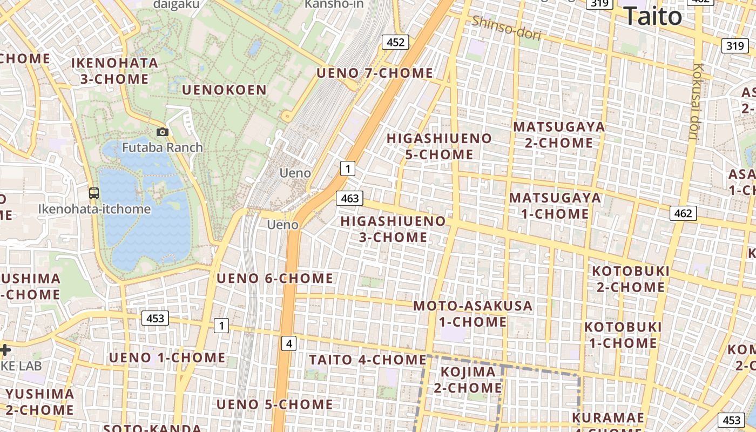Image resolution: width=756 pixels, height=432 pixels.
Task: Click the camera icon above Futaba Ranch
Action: (162, 132)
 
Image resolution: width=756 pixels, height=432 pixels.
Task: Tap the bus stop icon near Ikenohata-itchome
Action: (94, 193)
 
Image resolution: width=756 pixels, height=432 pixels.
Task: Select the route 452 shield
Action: (395, 42)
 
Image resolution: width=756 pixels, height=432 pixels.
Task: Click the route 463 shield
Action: (349, 198)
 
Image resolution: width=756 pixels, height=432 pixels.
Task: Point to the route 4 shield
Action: (289, 343)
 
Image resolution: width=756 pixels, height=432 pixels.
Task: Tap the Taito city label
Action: (652, 16)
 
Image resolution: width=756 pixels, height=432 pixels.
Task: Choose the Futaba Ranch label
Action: (162, 147)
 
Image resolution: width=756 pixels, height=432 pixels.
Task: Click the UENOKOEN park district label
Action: (224, 90)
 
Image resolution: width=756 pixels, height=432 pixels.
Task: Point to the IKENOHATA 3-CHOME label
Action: (114, 71)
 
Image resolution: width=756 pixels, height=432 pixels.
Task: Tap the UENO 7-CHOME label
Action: (375, 73)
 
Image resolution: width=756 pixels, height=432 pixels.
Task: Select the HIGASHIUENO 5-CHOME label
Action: (439, 146)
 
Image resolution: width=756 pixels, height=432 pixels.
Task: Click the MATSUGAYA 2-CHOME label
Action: (559, 134)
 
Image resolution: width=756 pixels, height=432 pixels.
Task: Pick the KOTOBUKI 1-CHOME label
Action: (623, 335)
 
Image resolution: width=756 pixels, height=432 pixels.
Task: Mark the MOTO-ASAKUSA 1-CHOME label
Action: (473, 314)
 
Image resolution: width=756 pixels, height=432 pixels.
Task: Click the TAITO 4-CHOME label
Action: (368, 360)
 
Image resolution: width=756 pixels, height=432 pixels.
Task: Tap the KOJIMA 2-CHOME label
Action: (468, 380)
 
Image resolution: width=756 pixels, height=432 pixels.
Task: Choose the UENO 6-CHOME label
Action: (275, 279)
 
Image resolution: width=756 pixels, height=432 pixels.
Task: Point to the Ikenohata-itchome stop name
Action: (94, 209)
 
